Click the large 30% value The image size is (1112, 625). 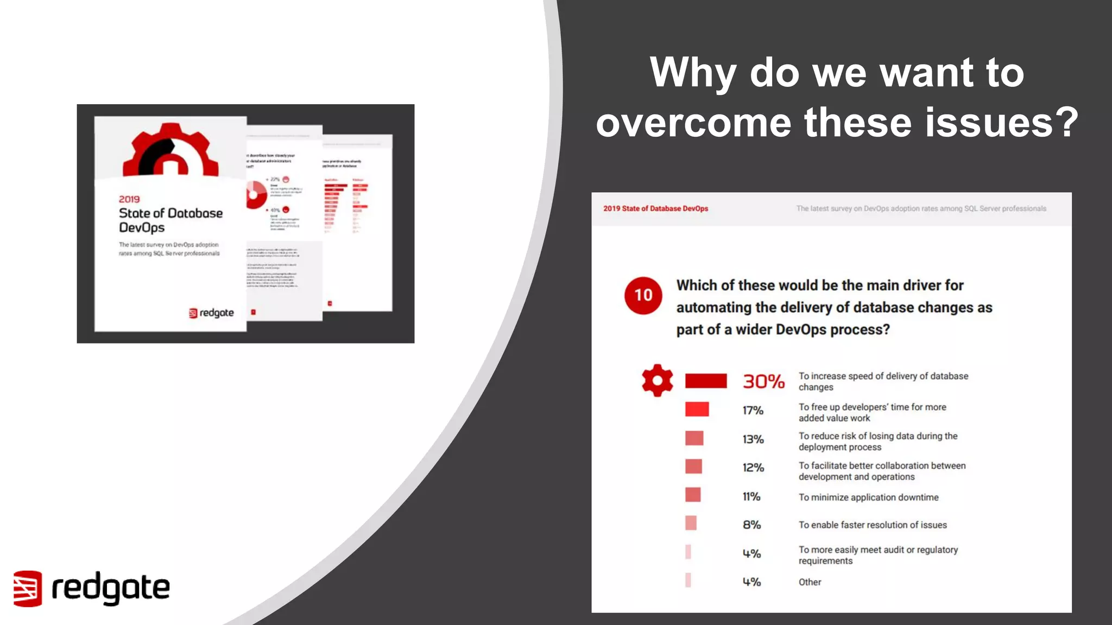coord(763,381)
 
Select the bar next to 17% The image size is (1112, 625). coord(697,409)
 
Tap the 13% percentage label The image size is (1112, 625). coord(753,439)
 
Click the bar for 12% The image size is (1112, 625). coord(693,467)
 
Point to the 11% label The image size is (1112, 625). coord(751,496)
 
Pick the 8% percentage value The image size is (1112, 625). coord(751,525)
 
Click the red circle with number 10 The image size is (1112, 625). coord(643,295)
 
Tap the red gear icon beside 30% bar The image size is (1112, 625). coord(657,380)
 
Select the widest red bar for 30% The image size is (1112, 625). coord(705,381)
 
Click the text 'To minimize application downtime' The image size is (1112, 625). coord(868,497)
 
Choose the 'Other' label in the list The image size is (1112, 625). coord(810,582)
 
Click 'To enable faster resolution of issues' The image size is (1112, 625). coord(873,525)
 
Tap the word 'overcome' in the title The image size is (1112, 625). coord(693,123)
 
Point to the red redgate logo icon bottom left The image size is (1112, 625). coord(27,588)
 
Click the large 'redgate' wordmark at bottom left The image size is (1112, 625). coord(110,588)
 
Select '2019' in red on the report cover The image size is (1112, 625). coord(129,199)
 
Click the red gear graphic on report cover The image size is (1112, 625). coord(170,150)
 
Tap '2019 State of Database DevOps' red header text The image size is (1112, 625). coord(655,208)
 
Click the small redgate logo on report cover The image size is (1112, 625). coord(211,313)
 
